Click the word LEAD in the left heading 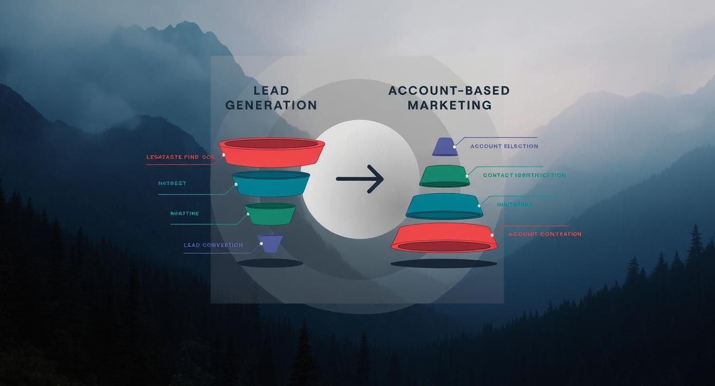click(271, 91)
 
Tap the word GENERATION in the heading click(271, 105)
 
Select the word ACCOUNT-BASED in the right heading click(449, 91)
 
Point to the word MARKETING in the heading click(449, 105)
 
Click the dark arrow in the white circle click(360, 179)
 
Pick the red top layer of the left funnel click(272, 152)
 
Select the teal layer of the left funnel click(271, 184)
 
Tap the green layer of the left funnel click(270, 214)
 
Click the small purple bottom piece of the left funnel click(270, 243)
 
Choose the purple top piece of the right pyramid click(444, 147)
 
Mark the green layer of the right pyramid click(444, 176)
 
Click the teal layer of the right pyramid click(444, 206)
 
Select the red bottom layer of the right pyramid click(444, 238)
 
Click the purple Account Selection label click(504, 146)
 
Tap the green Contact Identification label click(524, 175)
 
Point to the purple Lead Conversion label click(213, 245)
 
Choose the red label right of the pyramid click(544, 234)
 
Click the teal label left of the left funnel click(173, 183)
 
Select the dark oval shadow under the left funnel click(270, 263)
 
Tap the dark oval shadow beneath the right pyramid click(444, 264)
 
